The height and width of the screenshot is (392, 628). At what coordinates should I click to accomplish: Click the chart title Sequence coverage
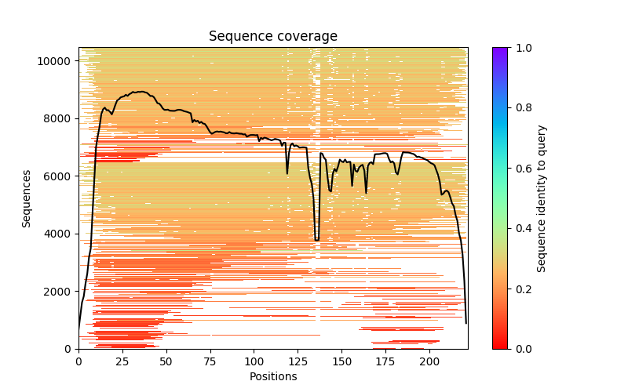click(273, 36)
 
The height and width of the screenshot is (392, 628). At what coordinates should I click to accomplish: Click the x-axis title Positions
click(273, 376)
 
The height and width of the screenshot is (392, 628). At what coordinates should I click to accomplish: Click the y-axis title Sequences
click(27, 198)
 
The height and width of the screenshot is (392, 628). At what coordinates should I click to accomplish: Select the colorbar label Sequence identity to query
click(542, 198)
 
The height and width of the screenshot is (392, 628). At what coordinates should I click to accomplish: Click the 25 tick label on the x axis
click(122, 361)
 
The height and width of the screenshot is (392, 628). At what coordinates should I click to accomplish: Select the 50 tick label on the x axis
click(166, 361)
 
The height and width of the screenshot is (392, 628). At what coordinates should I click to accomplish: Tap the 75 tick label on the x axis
click(210, 361)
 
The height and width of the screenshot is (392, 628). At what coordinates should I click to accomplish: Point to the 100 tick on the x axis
click(254, 361)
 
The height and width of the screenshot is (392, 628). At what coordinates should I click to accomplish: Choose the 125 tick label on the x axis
click(298, 361)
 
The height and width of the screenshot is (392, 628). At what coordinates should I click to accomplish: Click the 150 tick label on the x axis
click(342, 361)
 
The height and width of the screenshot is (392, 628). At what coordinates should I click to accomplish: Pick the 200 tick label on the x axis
click(429, 361)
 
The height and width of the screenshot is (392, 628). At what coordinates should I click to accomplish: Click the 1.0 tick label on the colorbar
click(521, 48)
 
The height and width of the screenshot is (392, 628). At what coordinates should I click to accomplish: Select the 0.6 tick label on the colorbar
click(521, 168)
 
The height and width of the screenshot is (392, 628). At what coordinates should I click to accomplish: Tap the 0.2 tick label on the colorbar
click(521, 289)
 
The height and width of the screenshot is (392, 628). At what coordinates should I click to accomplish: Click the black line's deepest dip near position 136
click(317, 240)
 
